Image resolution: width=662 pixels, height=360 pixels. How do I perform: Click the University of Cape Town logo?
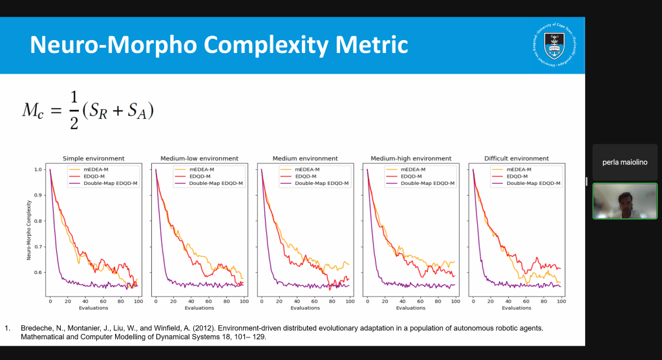[x=554, y=45]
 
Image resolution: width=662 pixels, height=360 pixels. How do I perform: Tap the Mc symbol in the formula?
[x=32, y=111]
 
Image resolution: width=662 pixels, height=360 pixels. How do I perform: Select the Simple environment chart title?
[x=93, y=158]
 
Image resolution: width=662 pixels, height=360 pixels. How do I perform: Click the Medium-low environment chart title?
[x=199, y=158]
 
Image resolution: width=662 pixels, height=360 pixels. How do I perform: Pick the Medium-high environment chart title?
[x=411, y=158]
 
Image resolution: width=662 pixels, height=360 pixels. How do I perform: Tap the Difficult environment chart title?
[x=517, y=158]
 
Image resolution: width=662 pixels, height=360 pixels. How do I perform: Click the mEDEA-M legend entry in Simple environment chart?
[x=96, y=169]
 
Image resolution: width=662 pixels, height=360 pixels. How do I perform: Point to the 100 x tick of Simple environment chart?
[x=137, y=302]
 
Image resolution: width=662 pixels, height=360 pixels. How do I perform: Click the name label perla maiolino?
[x=625, y=162]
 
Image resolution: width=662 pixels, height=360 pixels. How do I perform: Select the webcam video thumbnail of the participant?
[x=625, y=201]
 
